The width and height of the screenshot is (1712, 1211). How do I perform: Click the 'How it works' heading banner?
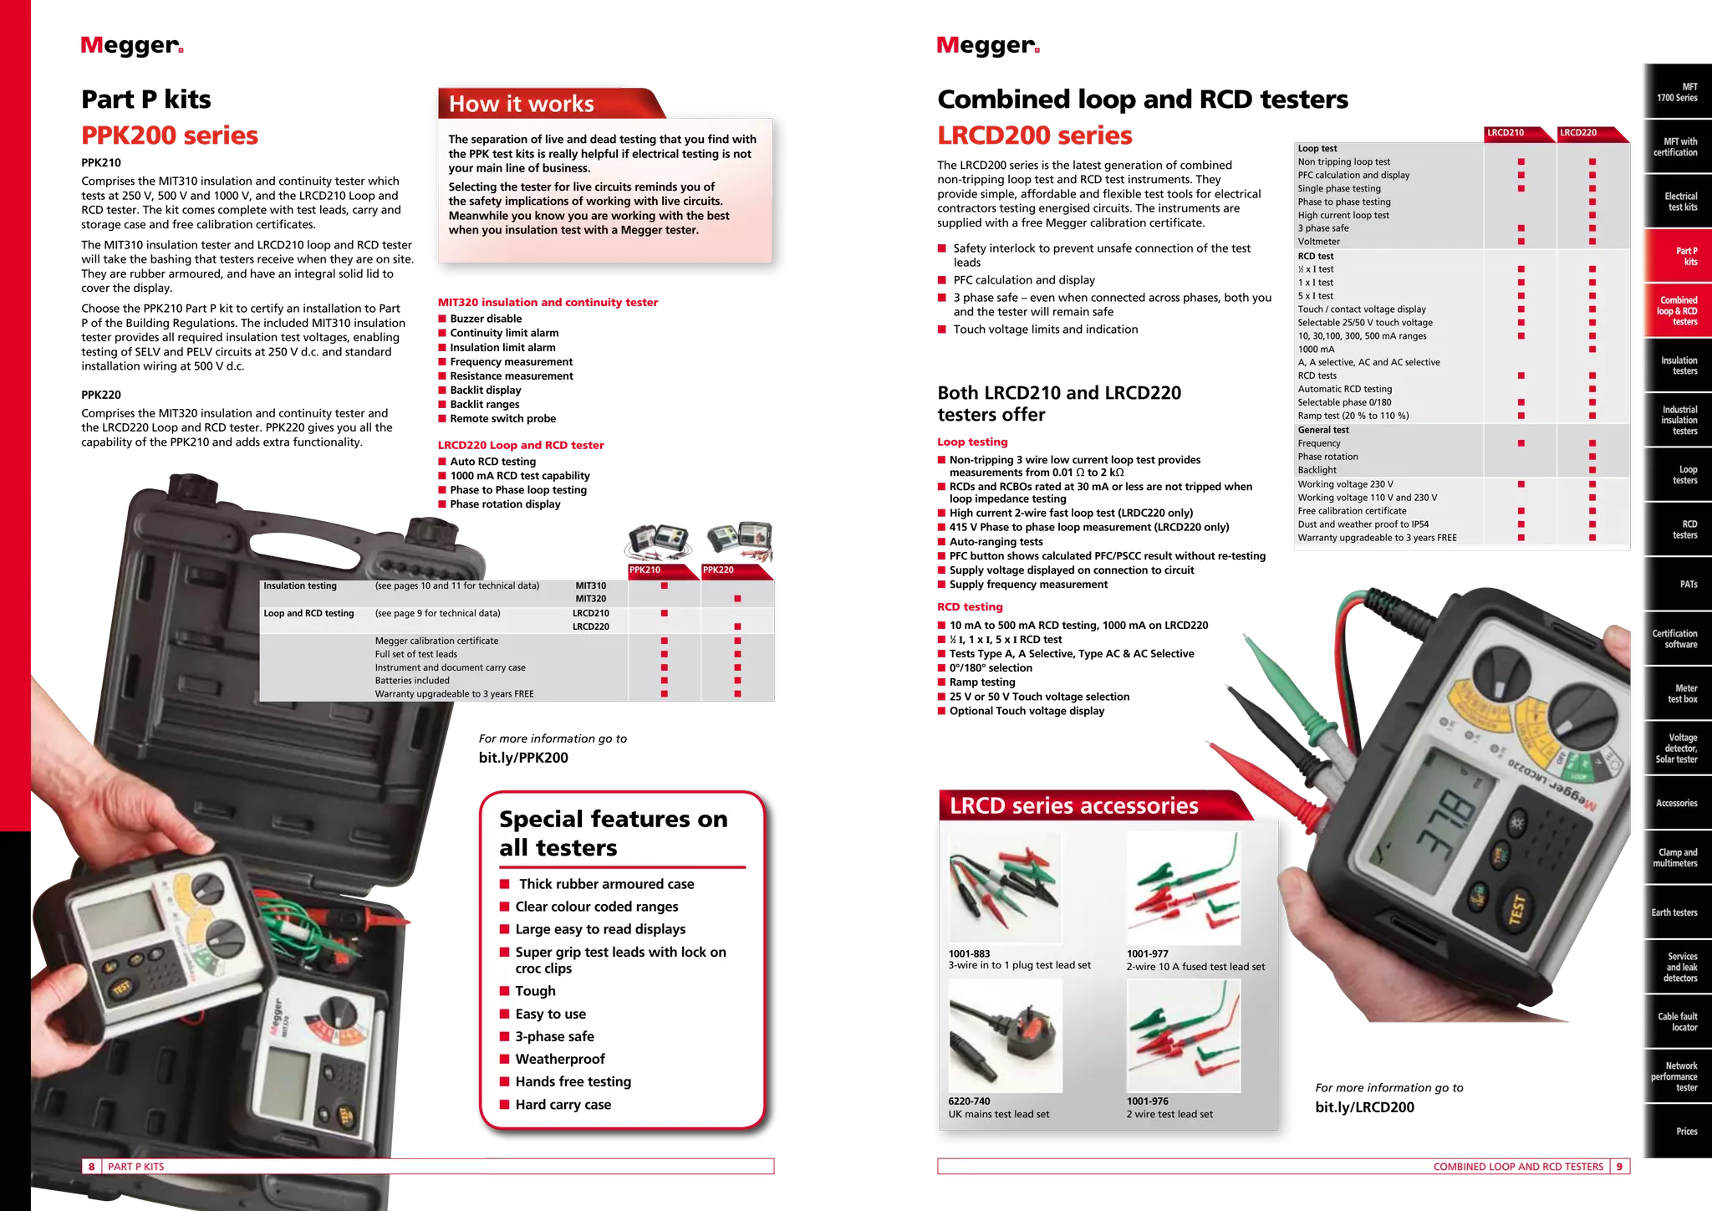pos(522,104)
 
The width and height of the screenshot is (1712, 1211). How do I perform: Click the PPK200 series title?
pos(170,135)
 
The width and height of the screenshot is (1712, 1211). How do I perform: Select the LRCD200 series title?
pos(1034,135)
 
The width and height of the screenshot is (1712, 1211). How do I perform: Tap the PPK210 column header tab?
pos(645,570)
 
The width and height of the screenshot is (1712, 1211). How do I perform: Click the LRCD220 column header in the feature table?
pos(1578,133)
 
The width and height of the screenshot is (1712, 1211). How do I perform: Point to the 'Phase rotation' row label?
pos(1327,457)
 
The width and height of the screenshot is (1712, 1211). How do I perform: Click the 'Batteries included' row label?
pos(411,681)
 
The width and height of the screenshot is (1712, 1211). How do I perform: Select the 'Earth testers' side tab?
pos(1674,912)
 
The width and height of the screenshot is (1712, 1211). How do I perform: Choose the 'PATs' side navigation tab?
pos(1688,585)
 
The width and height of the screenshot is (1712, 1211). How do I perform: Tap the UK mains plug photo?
pos(1006,1036)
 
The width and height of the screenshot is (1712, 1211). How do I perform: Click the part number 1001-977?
pos(1147,953)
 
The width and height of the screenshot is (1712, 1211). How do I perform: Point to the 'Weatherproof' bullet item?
pos(559,1059)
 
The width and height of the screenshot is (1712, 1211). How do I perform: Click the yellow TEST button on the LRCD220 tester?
pos(1517,910)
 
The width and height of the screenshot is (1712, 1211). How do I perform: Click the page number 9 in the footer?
pos(1619,1167)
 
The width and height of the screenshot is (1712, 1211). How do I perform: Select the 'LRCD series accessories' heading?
pos(1073,805)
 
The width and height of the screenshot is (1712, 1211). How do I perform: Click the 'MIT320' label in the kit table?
pos(590,599)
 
